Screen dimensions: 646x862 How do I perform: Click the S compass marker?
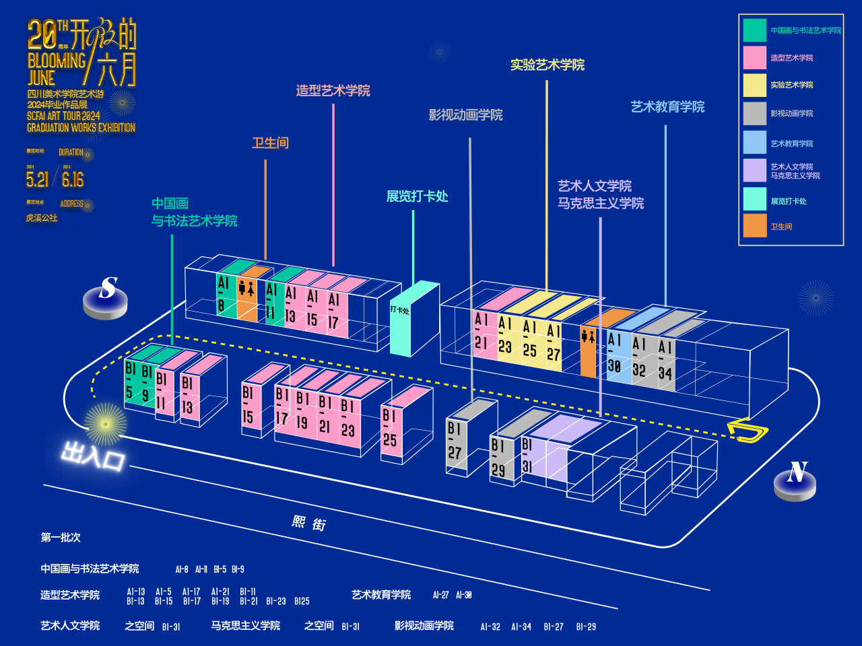pos(106,297)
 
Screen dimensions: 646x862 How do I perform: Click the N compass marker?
pos(795,478)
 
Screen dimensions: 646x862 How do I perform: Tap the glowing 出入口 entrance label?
pos(93,456)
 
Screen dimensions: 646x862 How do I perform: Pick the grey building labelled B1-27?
pos(456,441)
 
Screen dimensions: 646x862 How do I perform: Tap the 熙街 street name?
pos(309,523)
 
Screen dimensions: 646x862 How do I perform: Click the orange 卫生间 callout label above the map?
pos(270,143)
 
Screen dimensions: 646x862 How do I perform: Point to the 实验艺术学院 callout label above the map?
pos(547,65)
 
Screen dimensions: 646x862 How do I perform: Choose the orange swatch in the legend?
pos(755,226)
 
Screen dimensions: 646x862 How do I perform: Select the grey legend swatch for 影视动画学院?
pos(755,114)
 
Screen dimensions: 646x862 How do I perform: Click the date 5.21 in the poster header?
pos(38,180)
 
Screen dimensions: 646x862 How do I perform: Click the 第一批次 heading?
pos(61,538)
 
